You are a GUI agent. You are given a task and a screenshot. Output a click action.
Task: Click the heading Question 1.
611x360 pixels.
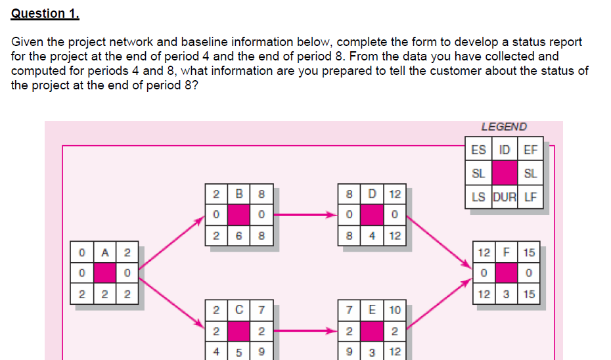(x=39, y=13)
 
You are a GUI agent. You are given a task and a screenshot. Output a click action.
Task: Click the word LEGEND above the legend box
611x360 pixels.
(x=504, y=127)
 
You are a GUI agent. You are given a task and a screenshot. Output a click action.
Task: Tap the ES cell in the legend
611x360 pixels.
(x=479, y=149)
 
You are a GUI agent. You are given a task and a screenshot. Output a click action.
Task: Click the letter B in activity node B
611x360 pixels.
(x=238, y=195)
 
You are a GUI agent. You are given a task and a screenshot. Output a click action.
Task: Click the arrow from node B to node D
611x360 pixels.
(x=305, y=214)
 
